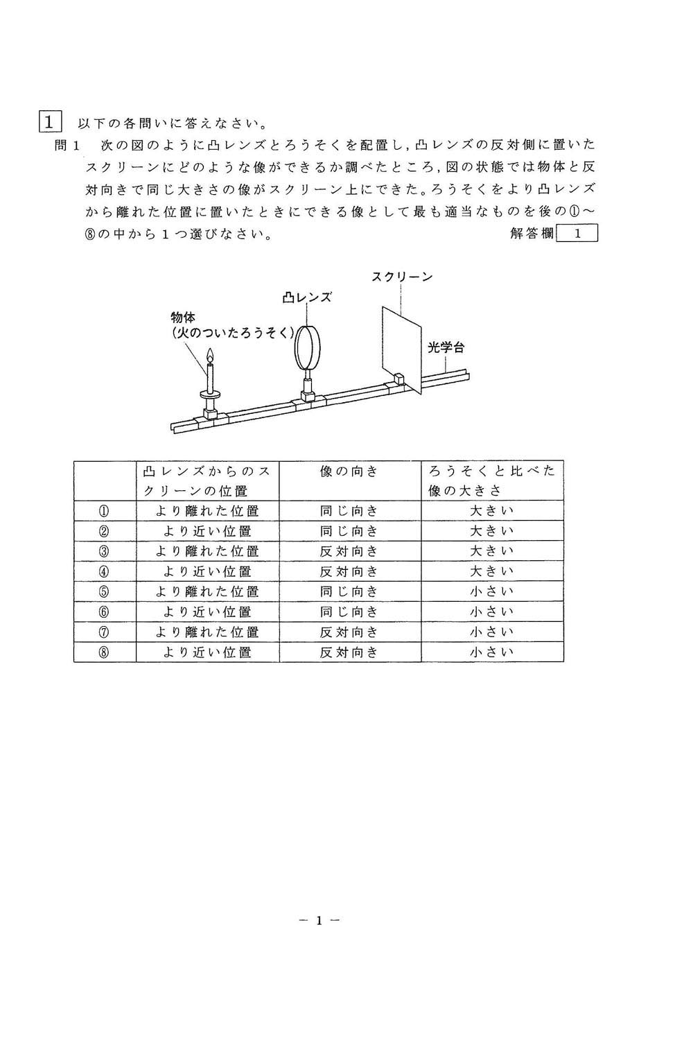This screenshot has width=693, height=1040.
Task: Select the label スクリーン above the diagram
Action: tap(402, 277)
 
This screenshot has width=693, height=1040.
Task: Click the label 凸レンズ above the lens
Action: tap(307, 297)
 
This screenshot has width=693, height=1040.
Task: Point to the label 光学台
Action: tap(446, 347)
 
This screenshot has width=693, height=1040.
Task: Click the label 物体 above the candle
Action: tap(182, 317)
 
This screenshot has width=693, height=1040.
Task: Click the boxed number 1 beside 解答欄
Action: tap(577, 234)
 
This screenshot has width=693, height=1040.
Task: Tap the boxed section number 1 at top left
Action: tap(51, 123)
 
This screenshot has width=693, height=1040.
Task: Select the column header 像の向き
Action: tap(350, 471)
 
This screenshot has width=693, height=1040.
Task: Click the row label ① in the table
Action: tap(105, 511)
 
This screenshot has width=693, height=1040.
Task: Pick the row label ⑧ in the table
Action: tap(105, 652)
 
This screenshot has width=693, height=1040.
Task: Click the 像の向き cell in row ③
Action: tap(350, 551)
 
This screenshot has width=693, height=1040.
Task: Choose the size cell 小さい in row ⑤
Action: tap(492, 591)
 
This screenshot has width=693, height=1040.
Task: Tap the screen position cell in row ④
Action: tap(207, 571)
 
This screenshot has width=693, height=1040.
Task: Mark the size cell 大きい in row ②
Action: tap(492, 531)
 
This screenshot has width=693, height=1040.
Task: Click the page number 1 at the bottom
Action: tap(319, 921)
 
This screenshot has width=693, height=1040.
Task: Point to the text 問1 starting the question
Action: tap(68, 146)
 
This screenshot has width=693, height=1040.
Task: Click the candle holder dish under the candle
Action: tap(210, 395)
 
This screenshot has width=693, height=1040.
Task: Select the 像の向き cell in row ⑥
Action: tap(350, 612)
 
